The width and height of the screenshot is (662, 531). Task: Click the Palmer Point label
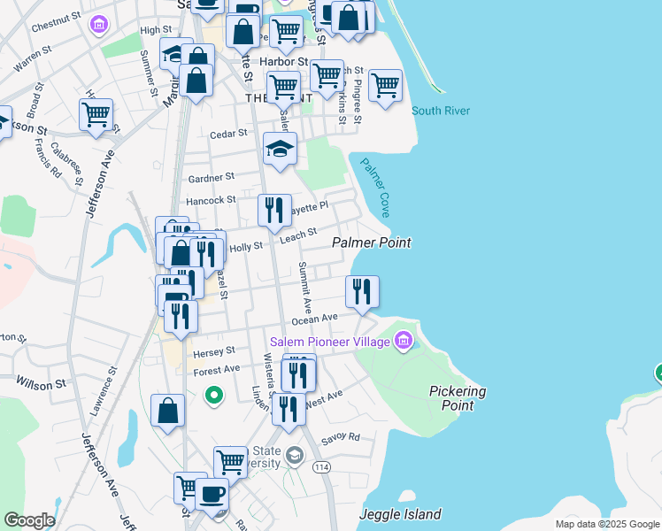pyautogui.click(x=372, y=242)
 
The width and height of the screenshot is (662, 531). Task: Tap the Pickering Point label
pyautogui.click(x=457, y=397)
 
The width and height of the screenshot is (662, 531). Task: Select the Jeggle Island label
pyautogui.click(x=400, y=514)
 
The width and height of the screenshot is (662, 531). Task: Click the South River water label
pyautogui.click(x=440, y=111)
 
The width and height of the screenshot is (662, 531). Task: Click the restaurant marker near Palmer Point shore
pyautogui.click(x=362, y=291)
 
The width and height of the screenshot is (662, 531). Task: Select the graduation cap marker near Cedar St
pyautogui.click(x=280, y=149)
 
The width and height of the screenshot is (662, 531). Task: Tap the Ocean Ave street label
pyautogui.click(x=316, y=318)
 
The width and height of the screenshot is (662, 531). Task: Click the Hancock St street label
pyautogui.click(x=212, y=201)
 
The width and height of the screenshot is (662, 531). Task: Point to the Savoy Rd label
pyautogui.click(x=341, y=437)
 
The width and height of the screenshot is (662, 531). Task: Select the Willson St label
pyautogui.click(x=42, y=383)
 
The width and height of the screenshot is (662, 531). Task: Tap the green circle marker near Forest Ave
pyautogui.click(x=212, y=395)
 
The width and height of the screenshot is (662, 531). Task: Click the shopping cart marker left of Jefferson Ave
pyautogui.click(x=96, y=114)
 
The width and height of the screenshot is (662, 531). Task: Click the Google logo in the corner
pyautogui.click(x=28, y=519)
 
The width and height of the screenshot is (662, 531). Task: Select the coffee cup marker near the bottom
pyautogui.click(x=212, y=494)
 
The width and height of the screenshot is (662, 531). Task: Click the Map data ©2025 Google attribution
pyautogui.click(x=606, y=524)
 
